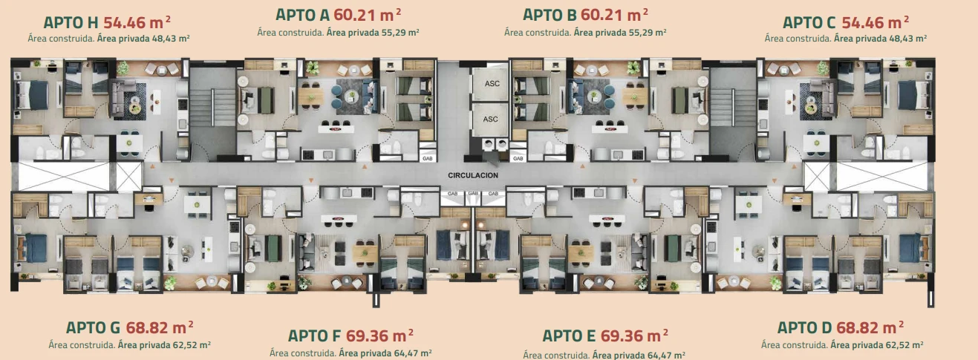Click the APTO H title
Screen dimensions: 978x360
[x=71, y=22]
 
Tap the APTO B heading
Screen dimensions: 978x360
[x=550, y=15]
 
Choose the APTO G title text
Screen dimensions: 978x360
[x=93, y=327]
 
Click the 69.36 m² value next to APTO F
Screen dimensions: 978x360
[x=379, y=336]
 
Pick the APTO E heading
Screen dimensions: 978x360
[x=569, y=336]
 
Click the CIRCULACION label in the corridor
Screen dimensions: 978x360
[x=473, y=175]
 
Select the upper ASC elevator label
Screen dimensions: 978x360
[x=492, y=83]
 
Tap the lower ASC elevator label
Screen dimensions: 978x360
[x=490, y=119]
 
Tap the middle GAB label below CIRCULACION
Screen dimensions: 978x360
[x=473, y=193]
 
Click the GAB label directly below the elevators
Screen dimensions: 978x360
[x=518, y=158]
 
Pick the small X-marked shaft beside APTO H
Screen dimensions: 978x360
[x=130, y=177]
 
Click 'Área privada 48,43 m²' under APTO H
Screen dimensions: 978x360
[x=143, y=39]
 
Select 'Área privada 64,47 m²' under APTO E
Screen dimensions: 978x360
[x=639, y=355]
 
